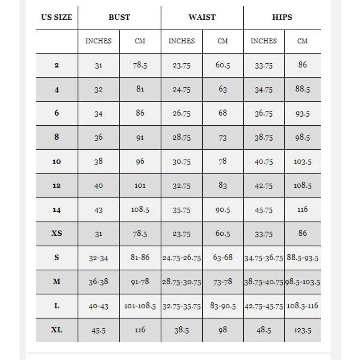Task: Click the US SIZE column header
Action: (57, 17)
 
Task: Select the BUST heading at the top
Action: (119, 17)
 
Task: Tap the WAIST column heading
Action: (202, 17)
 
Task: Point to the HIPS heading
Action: (282, 17)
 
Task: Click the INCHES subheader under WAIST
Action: (181, 41)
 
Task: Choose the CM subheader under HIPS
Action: (302, 41)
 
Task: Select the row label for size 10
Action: (57, 162)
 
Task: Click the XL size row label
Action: (57, 330)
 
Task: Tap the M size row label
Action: (57, 282)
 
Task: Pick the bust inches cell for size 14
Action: (98, 210)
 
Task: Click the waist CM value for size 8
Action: (223, 138)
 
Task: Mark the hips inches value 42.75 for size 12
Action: (264, 186)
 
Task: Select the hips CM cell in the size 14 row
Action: (302, 209)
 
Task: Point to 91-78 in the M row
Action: (140, 282)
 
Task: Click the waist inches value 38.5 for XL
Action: (181, 330)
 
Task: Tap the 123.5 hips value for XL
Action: (302, 330)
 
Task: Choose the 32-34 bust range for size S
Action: (98, 258)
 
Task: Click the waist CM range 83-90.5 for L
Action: (223, 306)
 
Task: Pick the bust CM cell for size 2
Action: (140, 65)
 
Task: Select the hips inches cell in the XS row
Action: (264, 234)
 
